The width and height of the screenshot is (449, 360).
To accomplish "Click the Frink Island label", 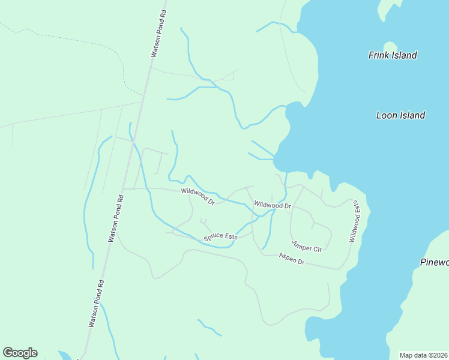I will (x=392, y=55).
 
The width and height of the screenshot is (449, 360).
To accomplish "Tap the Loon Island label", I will (x=400, y=115).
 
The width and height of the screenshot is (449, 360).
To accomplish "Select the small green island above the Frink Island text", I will (x=390, y=46).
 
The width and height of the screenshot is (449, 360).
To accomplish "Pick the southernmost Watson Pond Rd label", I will (x=97, y=303).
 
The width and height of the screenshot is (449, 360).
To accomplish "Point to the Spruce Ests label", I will (x=220, y=237).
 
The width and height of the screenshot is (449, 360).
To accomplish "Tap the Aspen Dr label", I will (x=292, y=259).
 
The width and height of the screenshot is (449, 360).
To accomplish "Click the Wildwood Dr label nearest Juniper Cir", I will (x=273, y=205).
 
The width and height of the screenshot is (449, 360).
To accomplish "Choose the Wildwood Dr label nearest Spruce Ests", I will (x=197, y=196).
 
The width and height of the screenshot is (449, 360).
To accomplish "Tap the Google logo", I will (x=20, y=352).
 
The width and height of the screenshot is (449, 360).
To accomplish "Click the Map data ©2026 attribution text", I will (x=424, y=355).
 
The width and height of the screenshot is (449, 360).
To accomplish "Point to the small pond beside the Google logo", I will (x=64, y=355).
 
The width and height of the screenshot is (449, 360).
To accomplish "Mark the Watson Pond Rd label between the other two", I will (x=116, y=218).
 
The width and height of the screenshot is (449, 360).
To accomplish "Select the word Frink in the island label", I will (x=379, y=55).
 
